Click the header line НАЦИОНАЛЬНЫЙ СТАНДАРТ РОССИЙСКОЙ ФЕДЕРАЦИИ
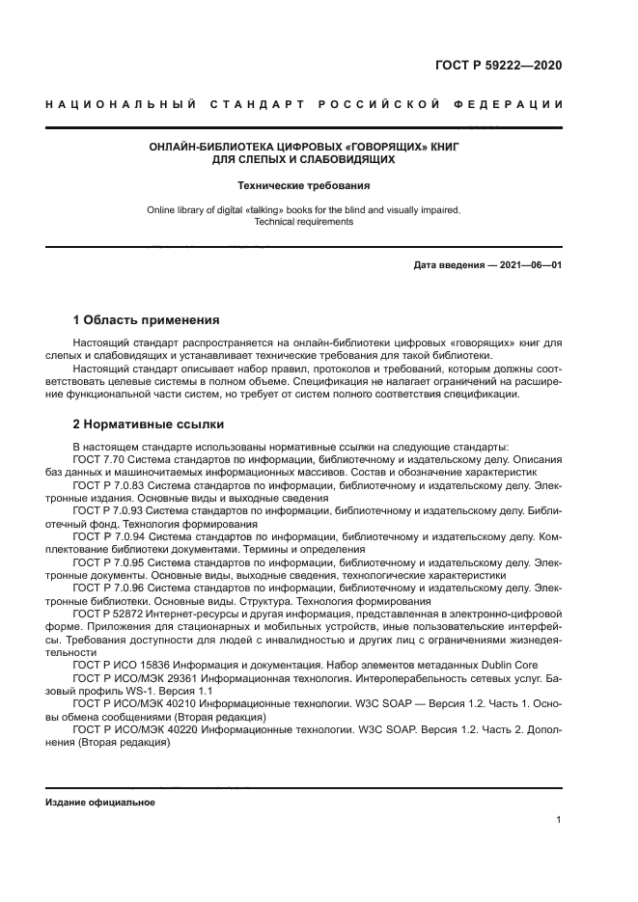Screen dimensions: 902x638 pyautogui.click(x=304, y=104)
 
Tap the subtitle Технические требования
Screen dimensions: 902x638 pyautogui.click(x=304, y=184)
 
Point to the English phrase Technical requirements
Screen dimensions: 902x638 pyautogui.click(x=304, y=222)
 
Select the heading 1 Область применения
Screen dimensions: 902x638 pyautogui.click(x=147, y=319)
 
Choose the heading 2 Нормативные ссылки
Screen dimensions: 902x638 pyautogui.click(x=149, y=424)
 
